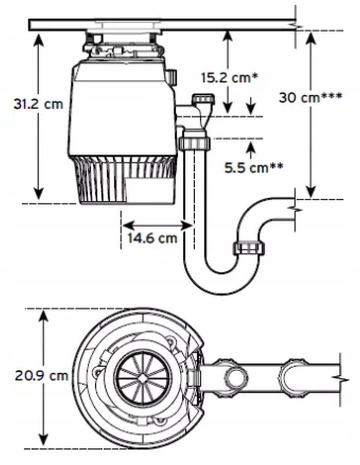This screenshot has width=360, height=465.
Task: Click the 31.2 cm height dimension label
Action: [38, 105]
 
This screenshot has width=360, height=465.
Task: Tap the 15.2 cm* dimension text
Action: [229, 77]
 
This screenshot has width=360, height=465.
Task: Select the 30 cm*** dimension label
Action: [310, 97]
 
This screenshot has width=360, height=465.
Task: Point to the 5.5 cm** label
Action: [253, 168]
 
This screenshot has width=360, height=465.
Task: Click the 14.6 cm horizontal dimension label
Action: [152, 238]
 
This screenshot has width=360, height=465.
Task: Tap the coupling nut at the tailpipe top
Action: [195, 142]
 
